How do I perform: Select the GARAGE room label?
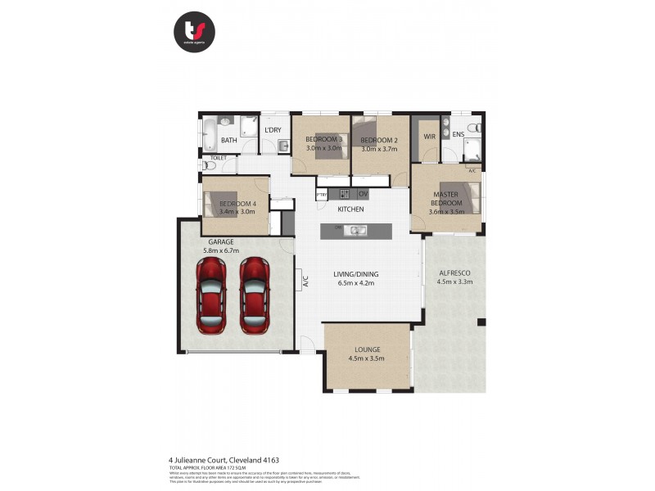pos(220,242)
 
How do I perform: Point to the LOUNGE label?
pos(367,349)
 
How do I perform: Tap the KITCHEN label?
pos(350,209)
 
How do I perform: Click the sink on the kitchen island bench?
pos(357,230)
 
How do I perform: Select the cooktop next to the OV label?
pos(345,194)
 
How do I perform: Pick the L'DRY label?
pos(273,130)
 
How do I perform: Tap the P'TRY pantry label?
pos(323,195)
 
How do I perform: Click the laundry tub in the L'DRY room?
pos(282,146)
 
